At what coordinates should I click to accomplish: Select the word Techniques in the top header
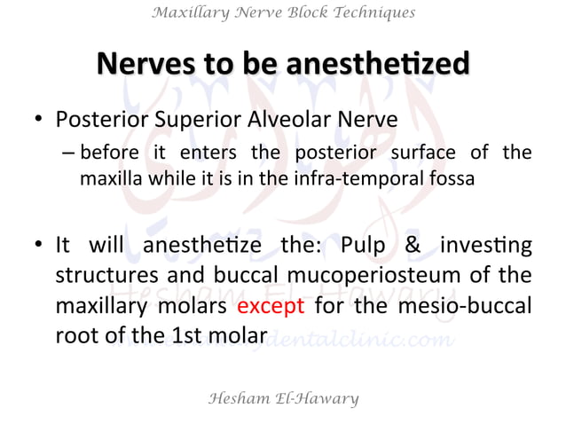tap(369, 12)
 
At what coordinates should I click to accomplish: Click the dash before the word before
tap(68, 153)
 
